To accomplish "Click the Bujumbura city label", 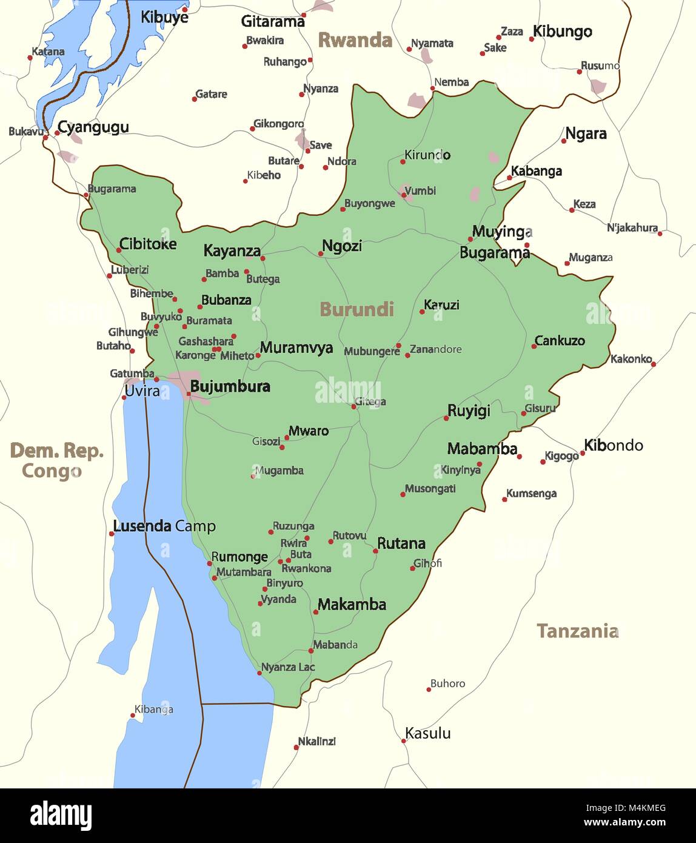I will point(230,386).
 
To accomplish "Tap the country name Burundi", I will point(356,309).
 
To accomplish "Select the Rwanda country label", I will point(355,40).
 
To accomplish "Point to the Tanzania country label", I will point(577,631).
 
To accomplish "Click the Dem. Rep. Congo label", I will point(56,460).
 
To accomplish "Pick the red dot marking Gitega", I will point(354,406).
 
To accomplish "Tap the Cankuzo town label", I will point(560,341).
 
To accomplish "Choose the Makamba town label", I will point(352,605).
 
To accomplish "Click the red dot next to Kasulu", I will point(404,741).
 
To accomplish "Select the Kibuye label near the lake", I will point(164,17).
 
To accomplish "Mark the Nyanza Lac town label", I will point(288,667).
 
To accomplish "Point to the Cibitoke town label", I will point(147,244).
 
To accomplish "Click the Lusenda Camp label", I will point(164,526).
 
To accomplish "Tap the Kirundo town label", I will point(427,155).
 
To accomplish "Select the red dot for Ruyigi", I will point(446,418).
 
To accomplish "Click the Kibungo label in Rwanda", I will point(562,32).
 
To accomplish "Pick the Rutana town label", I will point(401,543).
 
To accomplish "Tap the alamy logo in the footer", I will point(61,815).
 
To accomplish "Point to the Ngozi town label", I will point(342,246).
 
